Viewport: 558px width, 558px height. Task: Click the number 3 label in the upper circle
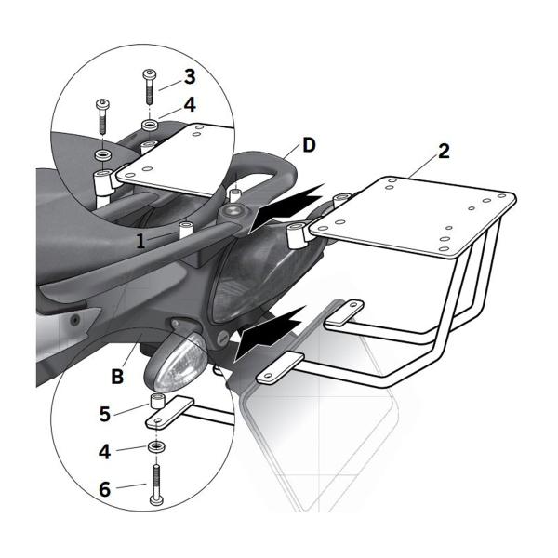189,76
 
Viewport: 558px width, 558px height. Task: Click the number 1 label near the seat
139,240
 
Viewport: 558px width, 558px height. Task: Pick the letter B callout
117,377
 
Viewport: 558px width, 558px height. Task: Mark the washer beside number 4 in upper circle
149,123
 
